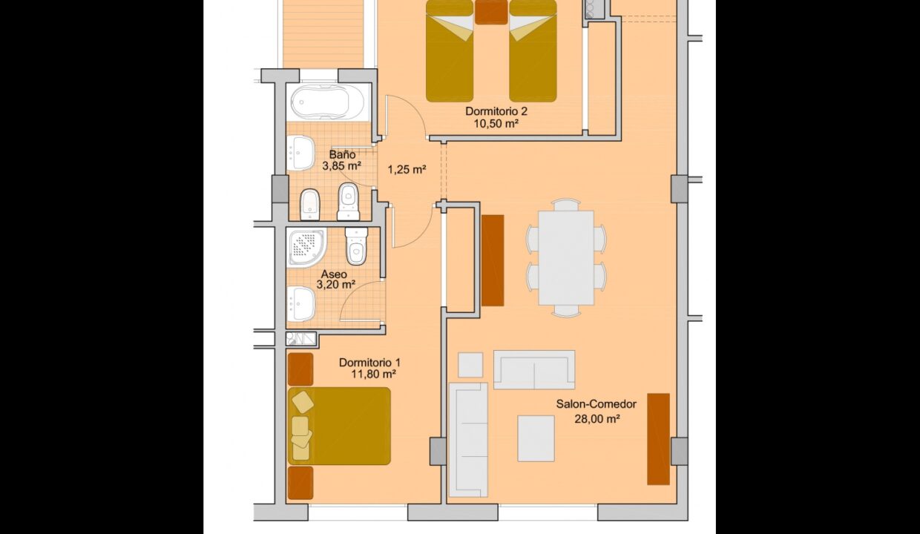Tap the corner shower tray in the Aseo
306,248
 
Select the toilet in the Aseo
356,246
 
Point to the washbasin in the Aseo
302,303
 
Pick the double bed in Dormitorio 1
340,426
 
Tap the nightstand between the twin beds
491,12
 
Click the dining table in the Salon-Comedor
566,258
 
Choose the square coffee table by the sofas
536,438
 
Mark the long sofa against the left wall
468,439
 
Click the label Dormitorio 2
496,111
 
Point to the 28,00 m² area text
597,418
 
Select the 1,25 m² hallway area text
407,169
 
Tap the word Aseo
334,274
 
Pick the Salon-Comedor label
596,404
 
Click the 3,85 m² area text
341,166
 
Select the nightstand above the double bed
300,369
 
